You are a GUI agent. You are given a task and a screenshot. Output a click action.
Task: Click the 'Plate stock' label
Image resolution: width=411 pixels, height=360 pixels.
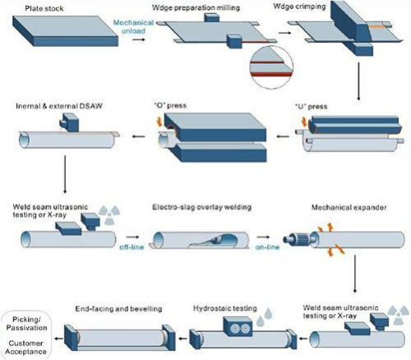[44, 8]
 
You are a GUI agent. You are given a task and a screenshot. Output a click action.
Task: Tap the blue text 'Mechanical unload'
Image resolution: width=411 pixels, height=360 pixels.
[133, 26]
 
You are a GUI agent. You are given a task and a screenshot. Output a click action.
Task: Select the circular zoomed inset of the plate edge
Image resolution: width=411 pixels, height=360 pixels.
[271, 67]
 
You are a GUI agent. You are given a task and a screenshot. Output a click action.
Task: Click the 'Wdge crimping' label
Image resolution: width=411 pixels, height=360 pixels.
[299, 7]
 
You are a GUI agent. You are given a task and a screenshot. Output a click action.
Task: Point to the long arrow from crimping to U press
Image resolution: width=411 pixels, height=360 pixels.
[358, 81]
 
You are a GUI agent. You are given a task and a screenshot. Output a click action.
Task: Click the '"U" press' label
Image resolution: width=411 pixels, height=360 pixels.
[311, 106]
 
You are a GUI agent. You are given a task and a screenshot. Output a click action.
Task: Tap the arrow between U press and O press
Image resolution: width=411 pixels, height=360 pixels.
[283, 136]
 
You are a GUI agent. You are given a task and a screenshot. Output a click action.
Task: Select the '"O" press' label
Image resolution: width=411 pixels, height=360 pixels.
[170, 105]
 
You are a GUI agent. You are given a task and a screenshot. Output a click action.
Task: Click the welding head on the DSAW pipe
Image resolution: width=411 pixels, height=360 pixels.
[70, 122]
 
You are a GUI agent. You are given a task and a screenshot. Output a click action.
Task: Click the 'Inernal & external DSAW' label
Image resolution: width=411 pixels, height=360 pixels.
[59, 106]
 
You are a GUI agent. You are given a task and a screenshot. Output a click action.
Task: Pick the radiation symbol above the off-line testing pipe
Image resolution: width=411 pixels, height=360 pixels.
[109, 215]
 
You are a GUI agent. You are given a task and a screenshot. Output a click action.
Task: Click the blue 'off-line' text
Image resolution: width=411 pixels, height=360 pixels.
[132, 247]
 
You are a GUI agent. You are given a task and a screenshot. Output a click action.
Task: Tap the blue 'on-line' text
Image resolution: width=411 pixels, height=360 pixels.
[267, 247]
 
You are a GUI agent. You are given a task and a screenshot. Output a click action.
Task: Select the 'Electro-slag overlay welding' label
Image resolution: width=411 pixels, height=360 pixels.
[202, 207]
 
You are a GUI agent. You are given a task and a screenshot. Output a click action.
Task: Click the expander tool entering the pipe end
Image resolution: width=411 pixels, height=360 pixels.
[298, 238]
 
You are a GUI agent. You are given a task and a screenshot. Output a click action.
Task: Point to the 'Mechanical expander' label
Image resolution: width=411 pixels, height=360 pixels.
[349, 207]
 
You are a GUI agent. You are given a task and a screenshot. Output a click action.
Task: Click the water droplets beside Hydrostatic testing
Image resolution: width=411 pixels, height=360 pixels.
[265, 316]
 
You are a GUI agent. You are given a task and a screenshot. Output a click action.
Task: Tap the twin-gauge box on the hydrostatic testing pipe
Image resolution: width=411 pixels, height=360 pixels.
[238, 327]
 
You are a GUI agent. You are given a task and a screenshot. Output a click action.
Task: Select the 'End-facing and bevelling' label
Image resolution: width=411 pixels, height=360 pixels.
[118, 309]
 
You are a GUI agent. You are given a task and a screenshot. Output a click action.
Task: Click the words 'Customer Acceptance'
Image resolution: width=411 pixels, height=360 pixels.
[26, 348]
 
